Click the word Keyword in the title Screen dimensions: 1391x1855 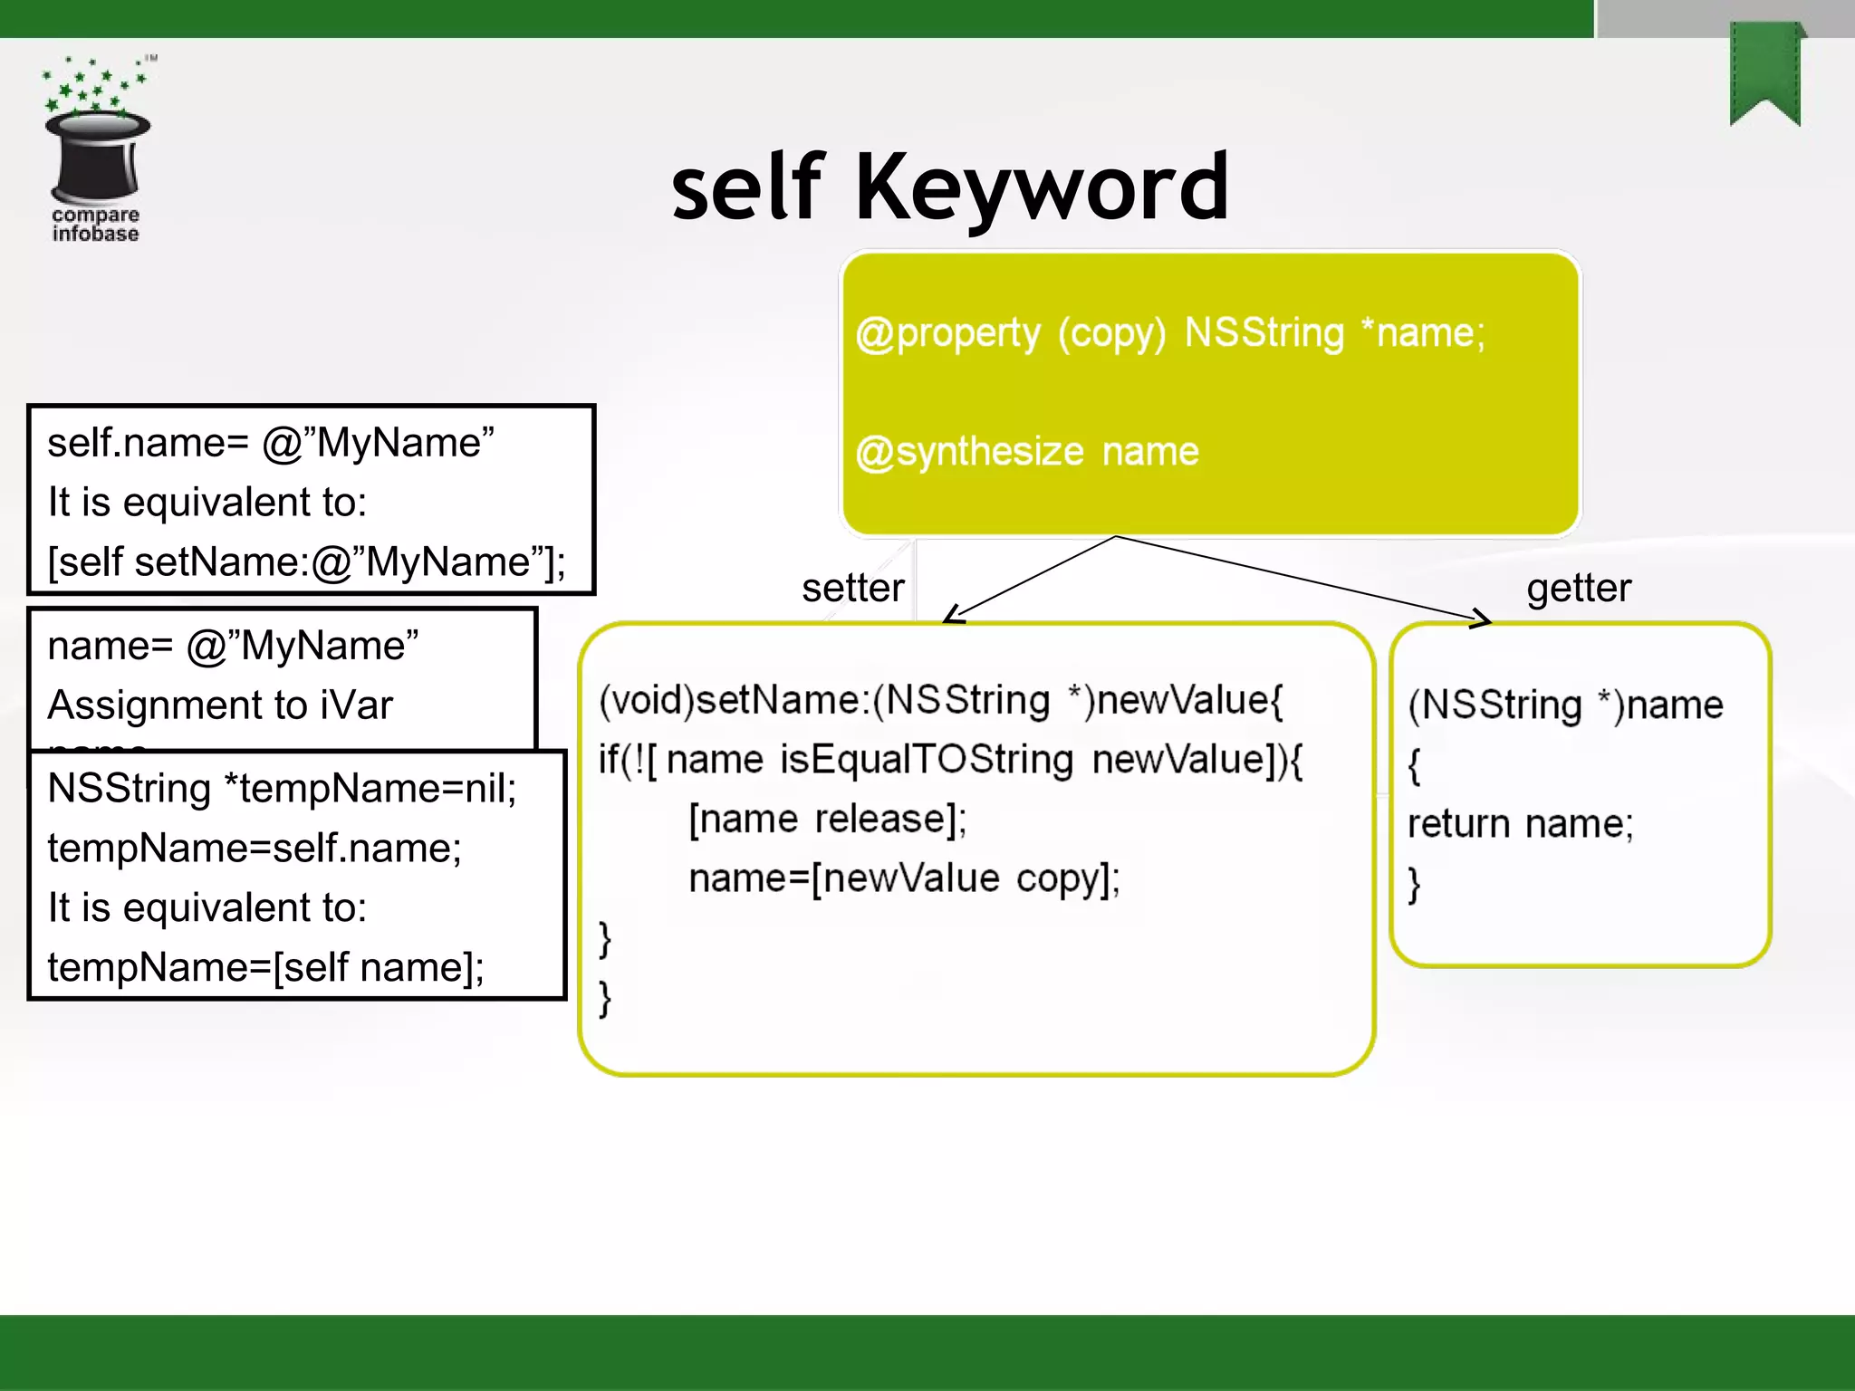1042,188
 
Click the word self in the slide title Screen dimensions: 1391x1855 748,188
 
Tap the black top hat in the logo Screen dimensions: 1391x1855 98,156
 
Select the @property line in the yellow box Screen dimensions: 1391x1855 1170,333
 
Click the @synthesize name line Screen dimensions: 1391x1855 1027,451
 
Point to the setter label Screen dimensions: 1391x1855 852,589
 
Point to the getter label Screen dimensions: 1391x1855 1579,589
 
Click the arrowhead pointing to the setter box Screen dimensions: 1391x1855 951,616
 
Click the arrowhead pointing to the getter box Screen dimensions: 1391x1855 1482,619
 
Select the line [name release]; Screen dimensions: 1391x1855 827,819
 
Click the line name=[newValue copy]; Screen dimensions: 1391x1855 904,878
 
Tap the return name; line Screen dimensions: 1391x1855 1520,824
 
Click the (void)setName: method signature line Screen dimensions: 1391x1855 941,700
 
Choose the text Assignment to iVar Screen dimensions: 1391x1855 220,705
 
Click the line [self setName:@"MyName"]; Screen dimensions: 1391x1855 306,562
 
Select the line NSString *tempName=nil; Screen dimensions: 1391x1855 282,788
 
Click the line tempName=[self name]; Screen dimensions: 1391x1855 265,967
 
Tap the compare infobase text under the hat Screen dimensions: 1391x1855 95,224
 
